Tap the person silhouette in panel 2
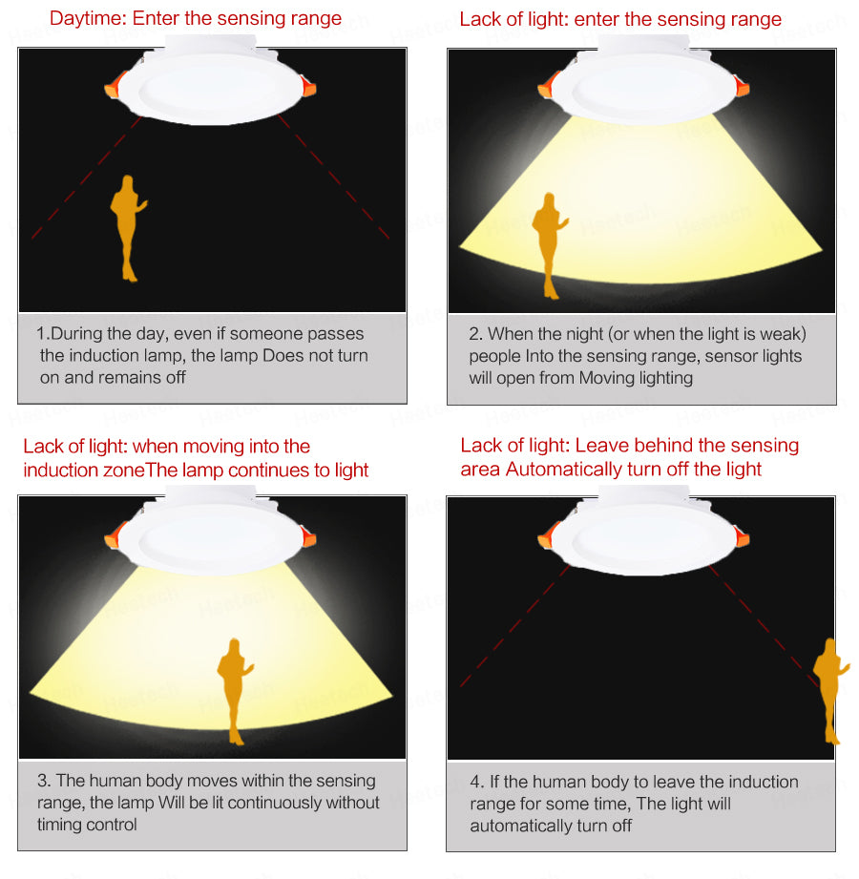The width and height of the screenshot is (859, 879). coord(550,245)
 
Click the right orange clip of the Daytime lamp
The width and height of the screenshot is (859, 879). coord(308,87)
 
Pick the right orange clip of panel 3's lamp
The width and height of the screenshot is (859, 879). coord(308,537)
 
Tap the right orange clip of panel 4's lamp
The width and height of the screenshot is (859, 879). coord(742,537)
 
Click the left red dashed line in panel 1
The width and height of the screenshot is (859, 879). coord(86,178)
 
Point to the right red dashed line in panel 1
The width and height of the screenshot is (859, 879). coord(334,178)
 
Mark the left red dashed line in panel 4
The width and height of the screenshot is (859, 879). coord(514,626)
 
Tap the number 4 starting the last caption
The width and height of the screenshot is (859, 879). coord(475,782)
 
